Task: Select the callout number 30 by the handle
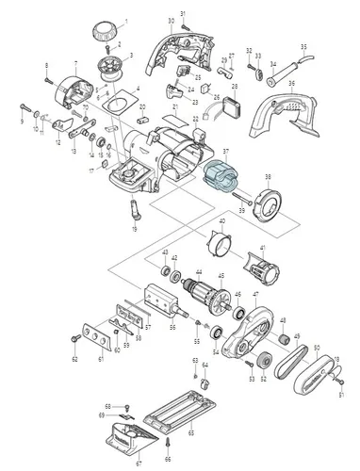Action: point(171,21)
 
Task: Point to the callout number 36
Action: point(292,83)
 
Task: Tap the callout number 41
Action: point(264,249)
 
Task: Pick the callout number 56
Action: point(172,327)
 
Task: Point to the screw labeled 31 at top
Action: point(185,21)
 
